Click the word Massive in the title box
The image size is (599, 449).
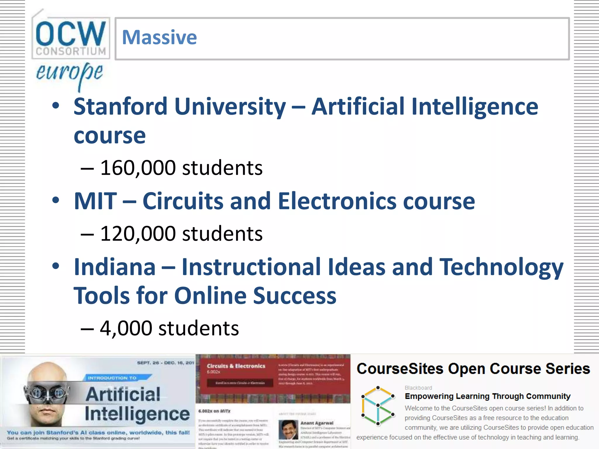coord(159,38)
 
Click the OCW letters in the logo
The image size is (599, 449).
coord(70,33)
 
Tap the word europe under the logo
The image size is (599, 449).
coord(69,73)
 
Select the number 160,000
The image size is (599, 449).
coord(138,168)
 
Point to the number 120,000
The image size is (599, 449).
coord(138,234)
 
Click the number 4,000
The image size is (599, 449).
coord(126,328)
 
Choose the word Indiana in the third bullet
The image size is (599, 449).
coord(115,267)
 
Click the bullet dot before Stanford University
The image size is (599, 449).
coord(56,106)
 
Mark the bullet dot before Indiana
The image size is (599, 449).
coord(56,266)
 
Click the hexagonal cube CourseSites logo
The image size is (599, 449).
coord(378,405)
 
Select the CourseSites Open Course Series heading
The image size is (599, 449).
coord(473,369)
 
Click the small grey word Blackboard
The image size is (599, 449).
coord(418,388)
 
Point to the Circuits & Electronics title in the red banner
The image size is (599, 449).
coord(236,366)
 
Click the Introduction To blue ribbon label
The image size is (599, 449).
coord(112,378)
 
